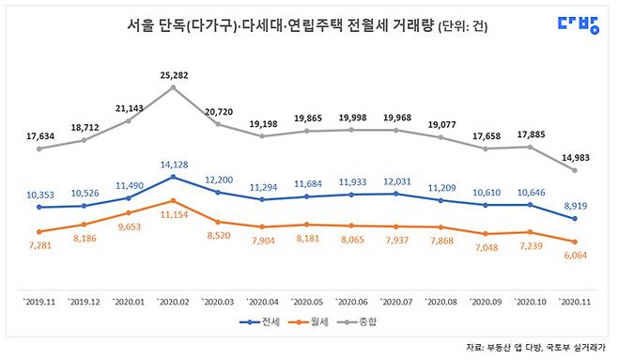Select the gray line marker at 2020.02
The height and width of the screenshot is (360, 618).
pyautogui.click(x=173, y=87)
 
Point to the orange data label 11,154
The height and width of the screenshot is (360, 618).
pyautogui.click(x=174, y=216)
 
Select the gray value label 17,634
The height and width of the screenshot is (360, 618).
pyautogui.click(x=39, y=133)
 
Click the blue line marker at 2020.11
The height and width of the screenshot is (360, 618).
pyautogui.click(x=574, y=218)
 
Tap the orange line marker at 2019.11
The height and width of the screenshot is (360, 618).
pyautogui.click(x=39, y=231)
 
